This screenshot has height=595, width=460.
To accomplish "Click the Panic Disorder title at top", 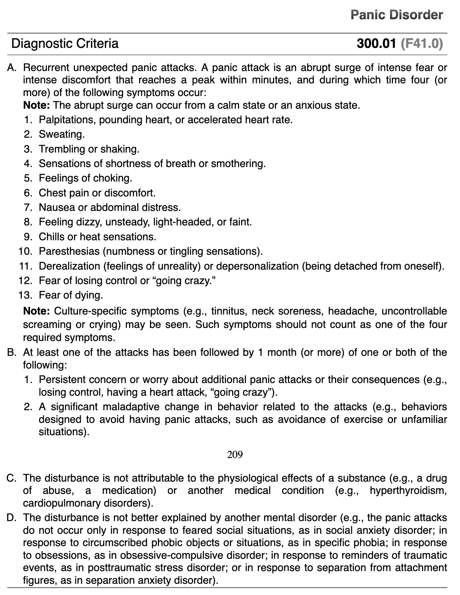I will pos(397,15).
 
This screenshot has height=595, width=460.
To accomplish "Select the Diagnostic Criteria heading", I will pos(65,43).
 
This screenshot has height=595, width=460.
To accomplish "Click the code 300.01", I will pos(376,43).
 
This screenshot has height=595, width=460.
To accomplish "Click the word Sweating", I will pos(62,134).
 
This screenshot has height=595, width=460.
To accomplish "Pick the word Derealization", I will pos(69,266).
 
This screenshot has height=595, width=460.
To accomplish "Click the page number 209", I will pos(235,454).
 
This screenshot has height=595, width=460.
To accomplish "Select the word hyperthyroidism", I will pos(408,491).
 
